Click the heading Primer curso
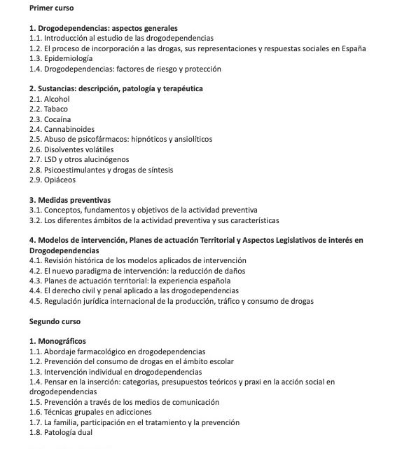point(53,8)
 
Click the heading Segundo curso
point(55,321)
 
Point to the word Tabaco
point(56,109)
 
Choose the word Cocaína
point(57,119)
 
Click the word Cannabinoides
point(68,129)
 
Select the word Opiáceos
point(60,180)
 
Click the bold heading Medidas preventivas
point(74,200)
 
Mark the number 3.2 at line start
point(35,220)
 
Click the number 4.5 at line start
point(35,301)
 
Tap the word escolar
point(219,361)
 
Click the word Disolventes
point(67,149)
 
